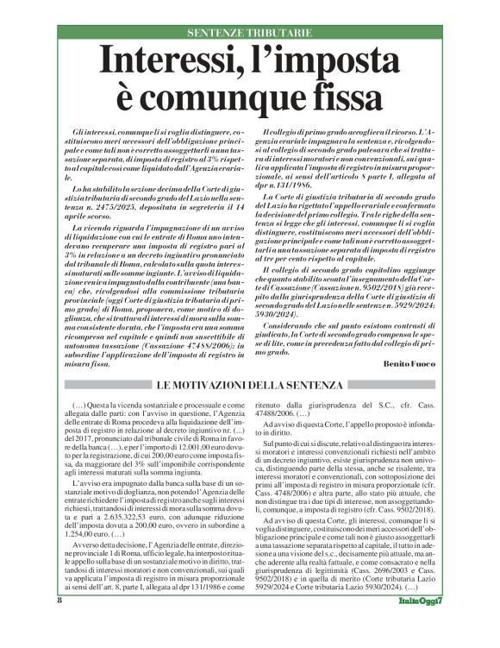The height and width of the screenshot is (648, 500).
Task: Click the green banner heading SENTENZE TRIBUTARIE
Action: tap(249, 32)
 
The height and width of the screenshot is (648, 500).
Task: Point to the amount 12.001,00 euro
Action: tap(180, 445)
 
